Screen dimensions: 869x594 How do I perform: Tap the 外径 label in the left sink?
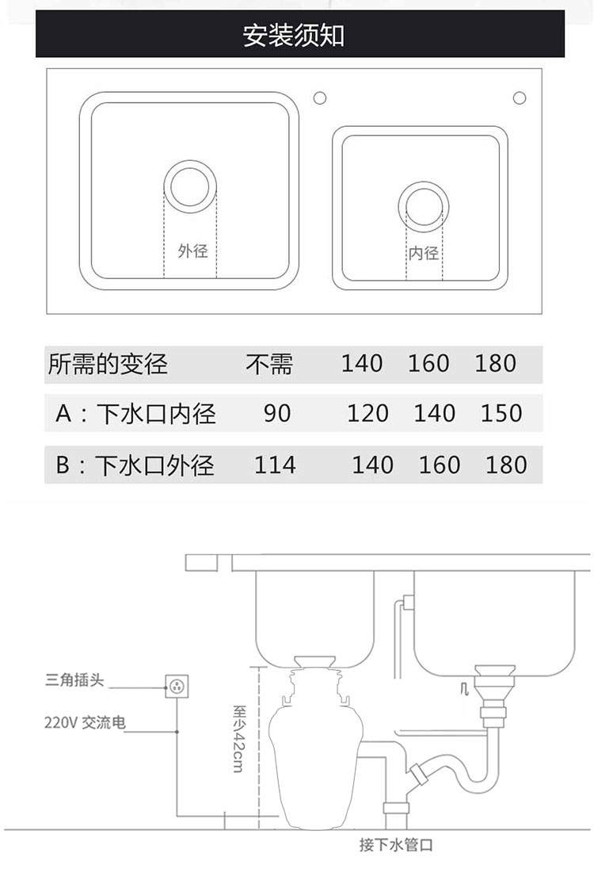pos(192,251)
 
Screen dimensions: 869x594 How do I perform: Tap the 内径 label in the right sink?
pos(423,253)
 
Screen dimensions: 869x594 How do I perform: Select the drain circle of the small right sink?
pos(423,205)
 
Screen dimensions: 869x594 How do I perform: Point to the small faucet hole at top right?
pos(520,98)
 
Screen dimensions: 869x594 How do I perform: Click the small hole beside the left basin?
pos(320,98)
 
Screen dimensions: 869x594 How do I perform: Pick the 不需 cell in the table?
pos(268,364)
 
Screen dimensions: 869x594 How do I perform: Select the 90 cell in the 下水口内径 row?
pos(277,413)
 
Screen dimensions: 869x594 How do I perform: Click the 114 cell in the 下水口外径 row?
pos(275,465)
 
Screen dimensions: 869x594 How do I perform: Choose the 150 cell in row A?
pos(501,413)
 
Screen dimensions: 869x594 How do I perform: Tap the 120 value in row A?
pos(367,413)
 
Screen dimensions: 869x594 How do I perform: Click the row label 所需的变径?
pos(108,364)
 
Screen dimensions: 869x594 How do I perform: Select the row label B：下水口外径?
pos(135,465)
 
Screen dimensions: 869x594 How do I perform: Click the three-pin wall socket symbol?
pos(177,685)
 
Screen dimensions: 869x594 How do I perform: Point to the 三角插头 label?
pos(75,680)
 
